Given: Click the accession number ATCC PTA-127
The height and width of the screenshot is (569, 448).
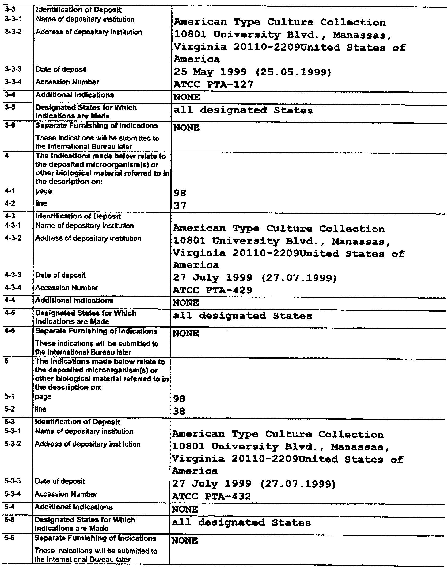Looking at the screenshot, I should [x=213, y=85].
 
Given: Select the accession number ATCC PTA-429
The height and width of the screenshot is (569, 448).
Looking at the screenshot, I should [x=213, y=290].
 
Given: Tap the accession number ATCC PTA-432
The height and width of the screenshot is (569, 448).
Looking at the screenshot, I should [x=212, y=497].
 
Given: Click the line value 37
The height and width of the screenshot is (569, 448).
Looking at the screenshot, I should [x=180, y=206].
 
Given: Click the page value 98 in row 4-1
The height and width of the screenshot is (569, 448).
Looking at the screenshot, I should [x=180, y=193].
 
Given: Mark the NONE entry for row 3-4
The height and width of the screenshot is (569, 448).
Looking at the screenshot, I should [x=187, y=97].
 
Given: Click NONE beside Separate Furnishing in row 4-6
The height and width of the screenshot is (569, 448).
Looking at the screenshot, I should [x=186, y=333].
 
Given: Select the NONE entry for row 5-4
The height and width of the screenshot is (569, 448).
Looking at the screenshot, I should [x=185, y=509].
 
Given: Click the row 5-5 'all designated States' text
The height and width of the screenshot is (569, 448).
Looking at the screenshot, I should [x=241, y=523].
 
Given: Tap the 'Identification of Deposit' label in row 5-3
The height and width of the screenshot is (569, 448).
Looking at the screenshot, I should [x=78, y=422].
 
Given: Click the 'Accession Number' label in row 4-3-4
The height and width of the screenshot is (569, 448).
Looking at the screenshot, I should [x=67, y=288].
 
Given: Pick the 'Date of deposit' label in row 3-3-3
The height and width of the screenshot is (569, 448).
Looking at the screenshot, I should [x=61, y=70].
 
